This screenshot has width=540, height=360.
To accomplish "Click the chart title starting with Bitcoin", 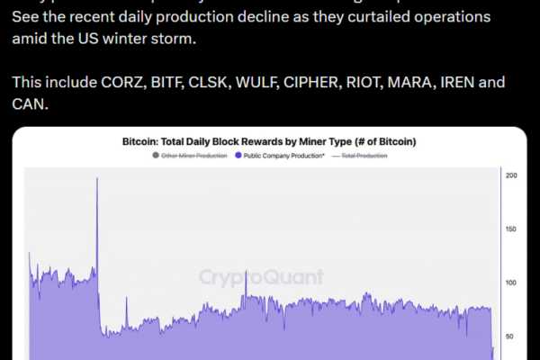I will pos(269,142).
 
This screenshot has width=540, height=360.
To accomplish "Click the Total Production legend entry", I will pos(364,156).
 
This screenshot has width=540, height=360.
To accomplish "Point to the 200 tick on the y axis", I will pos(511,175).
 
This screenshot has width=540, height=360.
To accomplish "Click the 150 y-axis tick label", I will pos(511,229).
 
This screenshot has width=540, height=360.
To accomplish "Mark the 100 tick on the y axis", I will pos(511,283).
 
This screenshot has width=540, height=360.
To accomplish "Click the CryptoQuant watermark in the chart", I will pos(261,277).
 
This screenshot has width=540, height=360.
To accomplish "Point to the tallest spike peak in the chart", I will pos(96,178).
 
